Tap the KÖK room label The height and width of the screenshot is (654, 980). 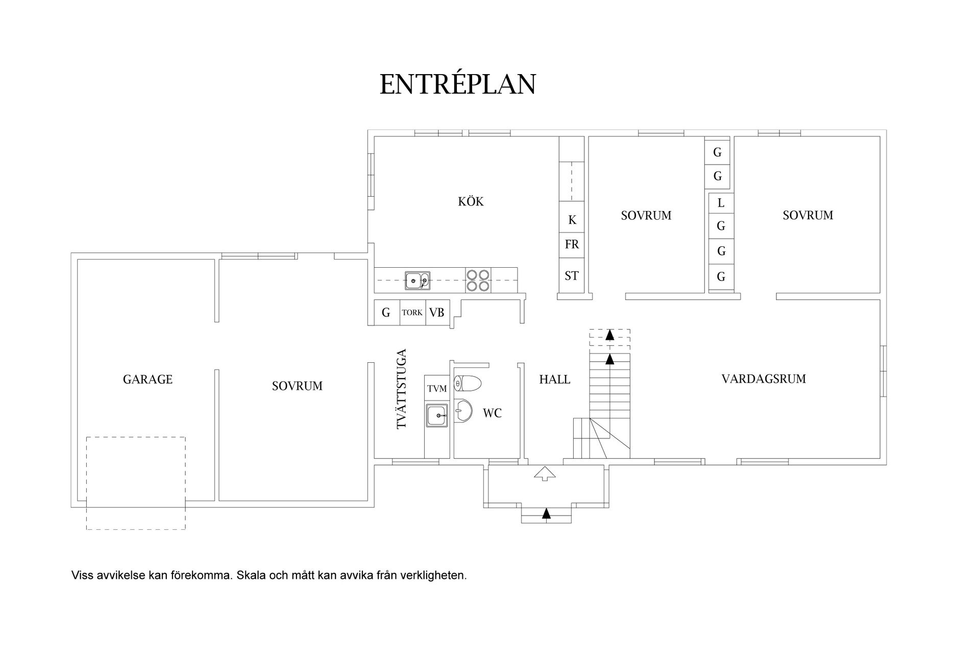[471, 201]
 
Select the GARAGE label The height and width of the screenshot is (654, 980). [148, 379]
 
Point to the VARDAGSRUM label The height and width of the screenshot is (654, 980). [764, 379]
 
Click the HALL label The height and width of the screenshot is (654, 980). [555, 379]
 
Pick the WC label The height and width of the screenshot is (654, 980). [492, 413]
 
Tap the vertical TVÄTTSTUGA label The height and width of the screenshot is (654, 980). [402, 388]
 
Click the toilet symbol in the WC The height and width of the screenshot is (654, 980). [468, 383]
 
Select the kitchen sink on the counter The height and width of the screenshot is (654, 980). [418, 281]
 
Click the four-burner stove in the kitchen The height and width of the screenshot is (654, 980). [478, 281]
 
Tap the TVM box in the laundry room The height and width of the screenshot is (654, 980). [437, 389]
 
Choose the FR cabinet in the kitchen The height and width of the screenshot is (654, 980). [572, 245]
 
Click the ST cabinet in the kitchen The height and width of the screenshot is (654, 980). [572, 276]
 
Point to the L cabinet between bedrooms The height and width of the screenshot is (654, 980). [721, 203]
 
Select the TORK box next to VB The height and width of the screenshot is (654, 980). [412, 312]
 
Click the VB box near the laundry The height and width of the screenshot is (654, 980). [437, 312]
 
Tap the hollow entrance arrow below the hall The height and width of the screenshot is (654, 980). [545, 474]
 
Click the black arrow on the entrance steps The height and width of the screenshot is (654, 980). [547, 513]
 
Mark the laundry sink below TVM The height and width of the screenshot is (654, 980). [437, 415]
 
